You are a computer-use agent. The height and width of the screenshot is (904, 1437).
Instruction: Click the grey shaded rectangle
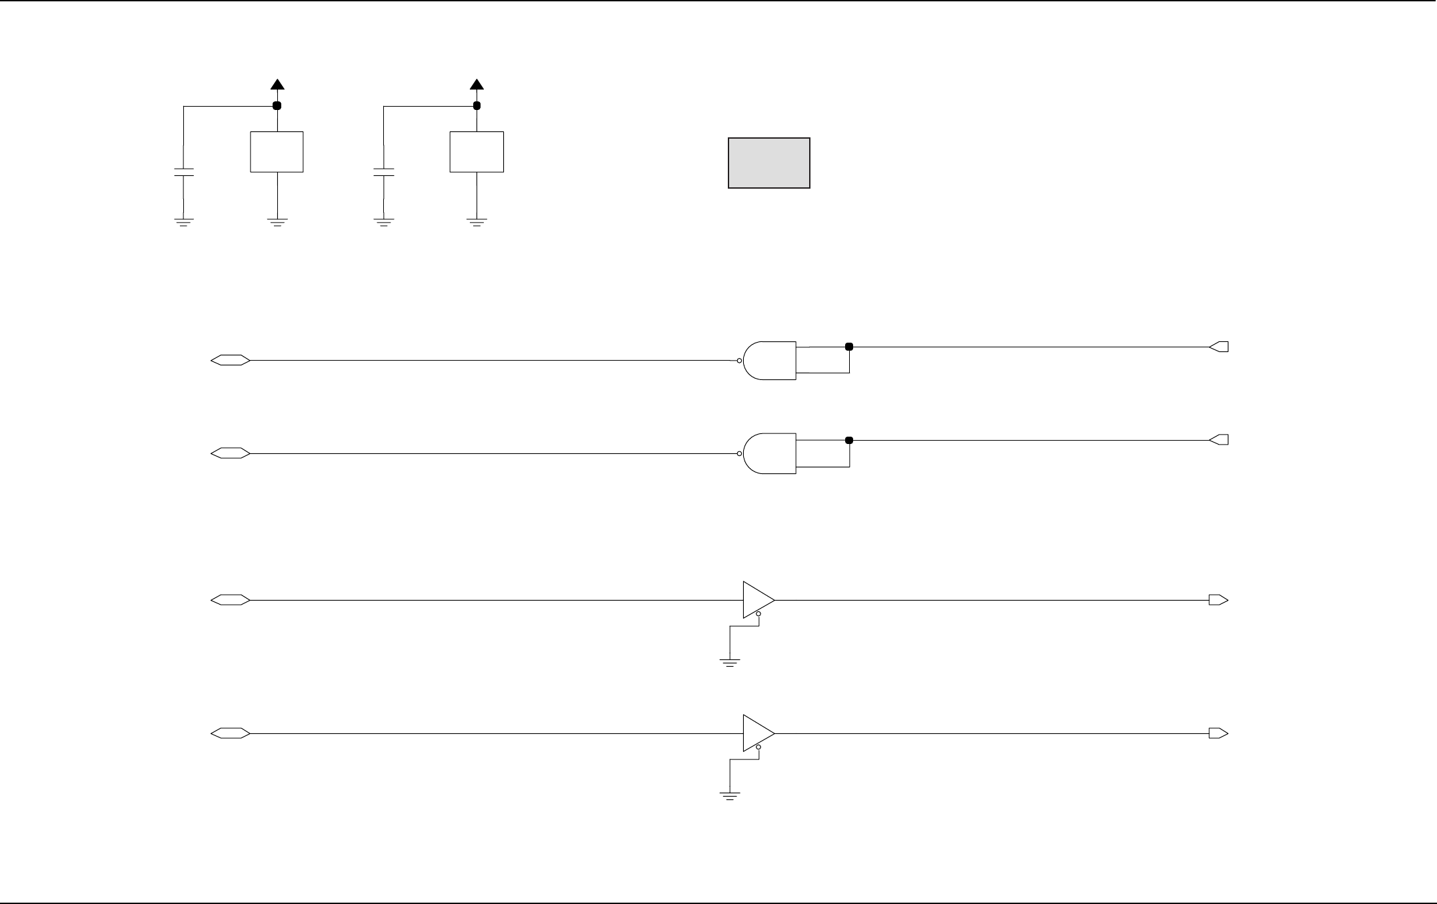click(768, 163)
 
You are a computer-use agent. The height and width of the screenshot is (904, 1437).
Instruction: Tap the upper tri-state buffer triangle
click(757, 600)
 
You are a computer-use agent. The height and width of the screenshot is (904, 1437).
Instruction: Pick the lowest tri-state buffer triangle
click(757, 733)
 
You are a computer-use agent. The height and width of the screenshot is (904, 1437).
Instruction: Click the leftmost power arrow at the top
click(277, 85)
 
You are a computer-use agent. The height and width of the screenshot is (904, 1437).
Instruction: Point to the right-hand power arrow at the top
click(477, 85)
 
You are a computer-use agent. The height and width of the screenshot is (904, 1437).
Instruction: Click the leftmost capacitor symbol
click(183, 173)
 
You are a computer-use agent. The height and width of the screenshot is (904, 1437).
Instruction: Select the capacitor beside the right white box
click(383, 173)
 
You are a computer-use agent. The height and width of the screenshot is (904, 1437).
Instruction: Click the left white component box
click(277, 152)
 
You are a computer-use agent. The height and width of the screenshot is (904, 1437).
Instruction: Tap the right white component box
click(477, 152)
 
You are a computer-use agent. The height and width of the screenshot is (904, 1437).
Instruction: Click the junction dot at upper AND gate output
click(849, 347)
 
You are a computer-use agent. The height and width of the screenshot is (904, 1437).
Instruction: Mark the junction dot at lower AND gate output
click(849, 440)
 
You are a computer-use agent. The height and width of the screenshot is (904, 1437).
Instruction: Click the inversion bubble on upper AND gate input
click(739, 361)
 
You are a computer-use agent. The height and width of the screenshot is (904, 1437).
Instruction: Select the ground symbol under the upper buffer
click(730, 662)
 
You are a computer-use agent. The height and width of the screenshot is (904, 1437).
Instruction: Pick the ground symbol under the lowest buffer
click(730, 795)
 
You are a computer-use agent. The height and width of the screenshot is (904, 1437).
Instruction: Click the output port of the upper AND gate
click(1219, 347)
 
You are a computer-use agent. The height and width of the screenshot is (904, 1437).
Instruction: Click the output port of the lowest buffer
click(1218, 733)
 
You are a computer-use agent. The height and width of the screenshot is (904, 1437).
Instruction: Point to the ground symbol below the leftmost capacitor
click(183, 222)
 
